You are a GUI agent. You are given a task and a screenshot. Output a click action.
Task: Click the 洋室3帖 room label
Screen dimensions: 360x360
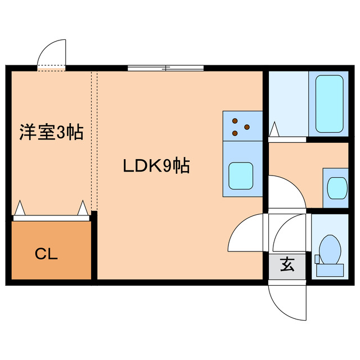tap(51, 133)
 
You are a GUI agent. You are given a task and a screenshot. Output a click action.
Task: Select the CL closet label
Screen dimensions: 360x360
tap(47, 254)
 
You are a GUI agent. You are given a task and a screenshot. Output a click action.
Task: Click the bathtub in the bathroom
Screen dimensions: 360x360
tap(329, 103)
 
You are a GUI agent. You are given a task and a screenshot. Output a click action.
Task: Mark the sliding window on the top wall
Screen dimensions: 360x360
tap(165, 68)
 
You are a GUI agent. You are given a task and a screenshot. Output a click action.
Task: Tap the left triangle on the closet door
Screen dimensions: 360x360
tap(20, 209)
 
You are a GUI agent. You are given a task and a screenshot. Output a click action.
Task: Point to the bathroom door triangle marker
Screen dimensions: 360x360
tap(274, 130)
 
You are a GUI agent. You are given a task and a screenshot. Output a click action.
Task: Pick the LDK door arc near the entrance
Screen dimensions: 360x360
tap(246, 232)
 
